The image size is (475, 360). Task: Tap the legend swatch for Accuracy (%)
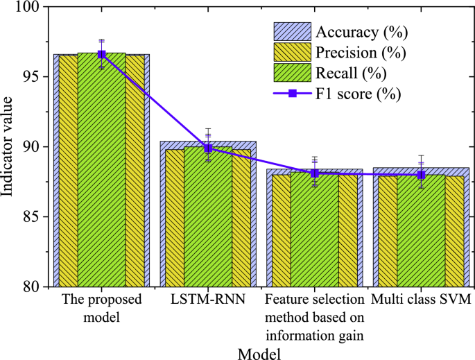click(293, 31)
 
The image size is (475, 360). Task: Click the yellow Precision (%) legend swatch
click(293, 52)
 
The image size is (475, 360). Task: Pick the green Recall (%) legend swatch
click(293, 72)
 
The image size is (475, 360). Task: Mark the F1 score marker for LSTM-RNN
click(208, 148)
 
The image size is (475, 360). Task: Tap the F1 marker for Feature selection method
click(314, 173)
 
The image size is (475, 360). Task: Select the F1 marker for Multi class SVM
click(421, 175)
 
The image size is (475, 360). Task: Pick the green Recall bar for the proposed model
click(101, 173)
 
